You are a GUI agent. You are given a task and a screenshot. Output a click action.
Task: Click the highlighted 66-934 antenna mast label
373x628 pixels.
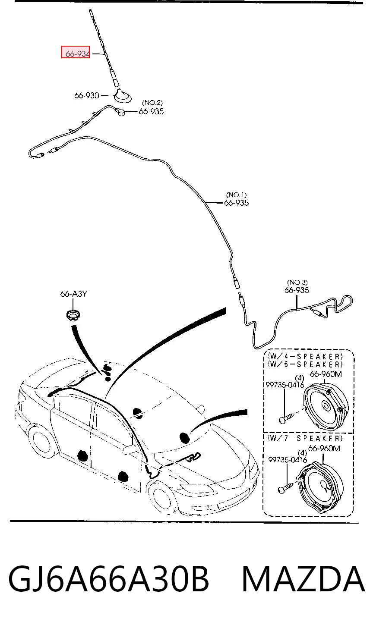pos(76,52)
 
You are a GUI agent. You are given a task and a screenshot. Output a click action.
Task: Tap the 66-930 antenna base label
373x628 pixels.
pos(87,96)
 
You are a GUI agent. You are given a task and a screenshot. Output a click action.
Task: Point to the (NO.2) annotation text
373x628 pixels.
pos(152,103)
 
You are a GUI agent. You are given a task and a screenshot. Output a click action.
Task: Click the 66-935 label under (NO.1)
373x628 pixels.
pos(236,203)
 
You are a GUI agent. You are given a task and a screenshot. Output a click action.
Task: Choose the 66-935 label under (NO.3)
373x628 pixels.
pos(297,290)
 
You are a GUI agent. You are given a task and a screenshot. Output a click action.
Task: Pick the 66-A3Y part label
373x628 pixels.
pos(73,294)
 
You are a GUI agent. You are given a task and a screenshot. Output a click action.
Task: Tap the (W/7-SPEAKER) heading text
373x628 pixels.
pos(305,438)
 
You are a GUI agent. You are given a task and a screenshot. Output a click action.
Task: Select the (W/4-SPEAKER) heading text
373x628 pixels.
pos(305,356)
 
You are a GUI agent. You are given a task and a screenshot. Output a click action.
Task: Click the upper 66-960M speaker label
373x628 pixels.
pos(326,374)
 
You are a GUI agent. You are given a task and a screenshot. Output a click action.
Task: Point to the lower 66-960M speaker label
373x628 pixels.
pos(324,448)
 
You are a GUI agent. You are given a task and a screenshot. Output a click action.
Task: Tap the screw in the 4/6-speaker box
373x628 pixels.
pos(287,418)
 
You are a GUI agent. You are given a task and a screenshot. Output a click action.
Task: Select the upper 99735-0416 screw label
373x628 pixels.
pos(285,385)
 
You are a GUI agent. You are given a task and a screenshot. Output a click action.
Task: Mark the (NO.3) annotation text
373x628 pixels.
pos(297,283)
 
